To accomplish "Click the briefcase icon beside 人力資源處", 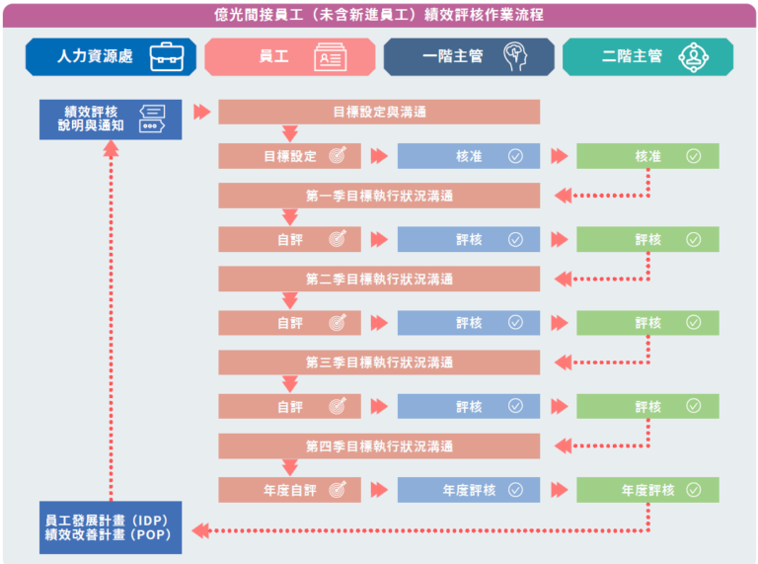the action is (x=167, y=57).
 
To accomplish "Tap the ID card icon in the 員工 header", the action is (x=331, y=57).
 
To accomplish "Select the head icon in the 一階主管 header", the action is (x=515, y=56).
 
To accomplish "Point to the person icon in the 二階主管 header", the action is (x=694, y=57).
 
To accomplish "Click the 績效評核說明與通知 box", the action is (x=111, y=120).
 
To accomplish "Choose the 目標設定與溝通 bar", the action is (x=379, y=112).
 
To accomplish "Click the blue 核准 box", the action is (x=469, y=156).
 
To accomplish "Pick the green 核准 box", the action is (x=647, y=156).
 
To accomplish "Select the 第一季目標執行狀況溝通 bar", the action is (x=379, y=196).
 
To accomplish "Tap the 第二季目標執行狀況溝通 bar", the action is (x=379, y=279).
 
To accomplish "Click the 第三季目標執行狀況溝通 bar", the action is (x=379, y=363).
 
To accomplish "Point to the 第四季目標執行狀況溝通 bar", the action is (x=379, y=446).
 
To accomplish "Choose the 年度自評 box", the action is (x=289, y=490).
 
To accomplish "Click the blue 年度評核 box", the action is (x=469, y=490).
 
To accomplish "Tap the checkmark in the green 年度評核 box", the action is (x=694, y=490).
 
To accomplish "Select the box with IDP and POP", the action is (x=111, y=527).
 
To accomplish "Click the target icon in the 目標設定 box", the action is (x=338, y=155).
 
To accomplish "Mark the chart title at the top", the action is (x=379, y=15).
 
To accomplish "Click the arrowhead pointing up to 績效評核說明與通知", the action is (x=112, y=148).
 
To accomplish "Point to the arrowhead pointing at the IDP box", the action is (x=200, y=530).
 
